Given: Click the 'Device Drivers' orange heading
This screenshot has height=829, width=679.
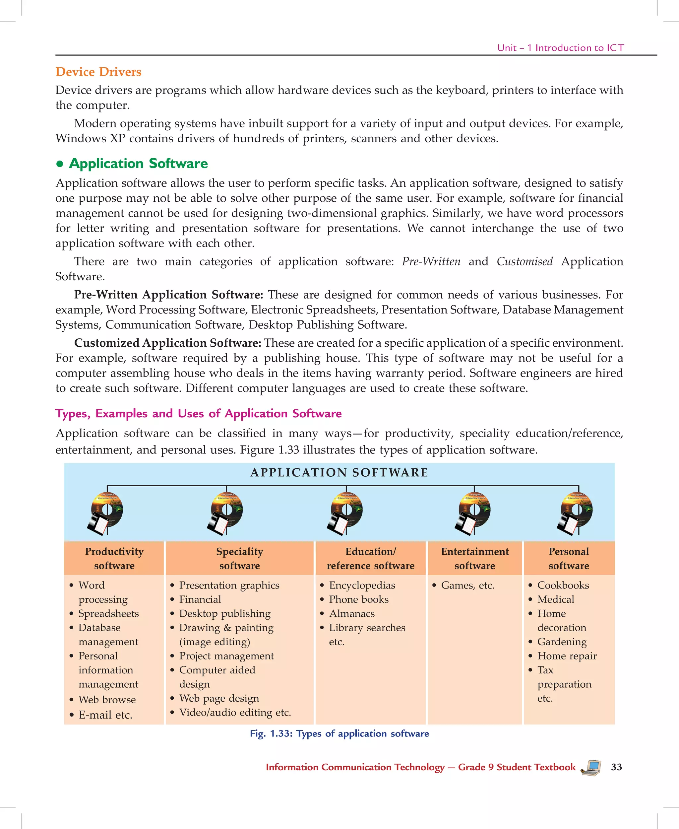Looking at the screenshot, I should click(98, 72).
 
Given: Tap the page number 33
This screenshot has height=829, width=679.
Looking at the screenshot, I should click(616, 767).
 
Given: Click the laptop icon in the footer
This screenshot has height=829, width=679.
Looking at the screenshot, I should click(591, 768).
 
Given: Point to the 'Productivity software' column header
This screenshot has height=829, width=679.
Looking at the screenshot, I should click(114, 558).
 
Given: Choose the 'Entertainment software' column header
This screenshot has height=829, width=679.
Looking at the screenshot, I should click(474, 558).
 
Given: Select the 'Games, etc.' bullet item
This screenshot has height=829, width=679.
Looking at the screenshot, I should click(467, 585).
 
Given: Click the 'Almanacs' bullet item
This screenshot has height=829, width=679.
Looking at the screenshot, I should click(352, 613).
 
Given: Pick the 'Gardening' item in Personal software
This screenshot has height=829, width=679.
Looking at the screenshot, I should click(562, 642).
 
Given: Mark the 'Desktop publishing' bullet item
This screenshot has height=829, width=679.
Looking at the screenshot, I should click(224, 613).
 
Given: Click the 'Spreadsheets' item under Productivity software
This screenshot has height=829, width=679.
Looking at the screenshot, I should click(108, 613).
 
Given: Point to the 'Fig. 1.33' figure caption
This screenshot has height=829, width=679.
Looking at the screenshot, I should click(339, 733).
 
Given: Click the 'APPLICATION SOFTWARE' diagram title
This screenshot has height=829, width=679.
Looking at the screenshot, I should click(339, 472).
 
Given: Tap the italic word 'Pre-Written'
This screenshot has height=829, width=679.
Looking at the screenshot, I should click(431, 261).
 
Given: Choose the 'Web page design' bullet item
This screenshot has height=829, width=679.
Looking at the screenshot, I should click(219, 698).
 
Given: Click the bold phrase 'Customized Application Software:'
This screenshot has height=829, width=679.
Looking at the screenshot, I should click(167, 343).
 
